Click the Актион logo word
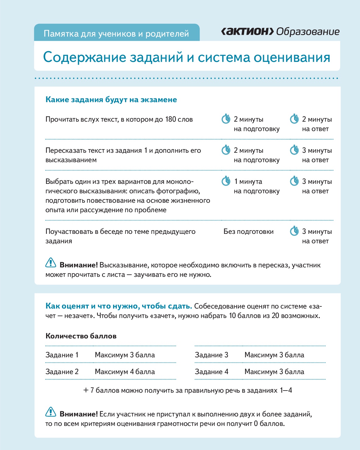247,31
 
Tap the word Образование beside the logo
308,31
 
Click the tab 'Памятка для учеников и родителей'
116,33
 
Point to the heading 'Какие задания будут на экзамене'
111,100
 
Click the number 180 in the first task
171,119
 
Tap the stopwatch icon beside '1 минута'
226,181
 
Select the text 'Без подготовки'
248,231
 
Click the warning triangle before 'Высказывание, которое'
51,263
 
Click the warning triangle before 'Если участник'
51,412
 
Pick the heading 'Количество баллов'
81,336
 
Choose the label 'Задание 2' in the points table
62,372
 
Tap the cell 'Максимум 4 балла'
125,372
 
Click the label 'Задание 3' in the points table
212,355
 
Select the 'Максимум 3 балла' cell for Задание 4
274,372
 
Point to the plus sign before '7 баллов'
86,390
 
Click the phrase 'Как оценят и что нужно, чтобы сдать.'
119,306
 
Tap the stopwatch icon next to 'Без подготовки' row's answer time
294,231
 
